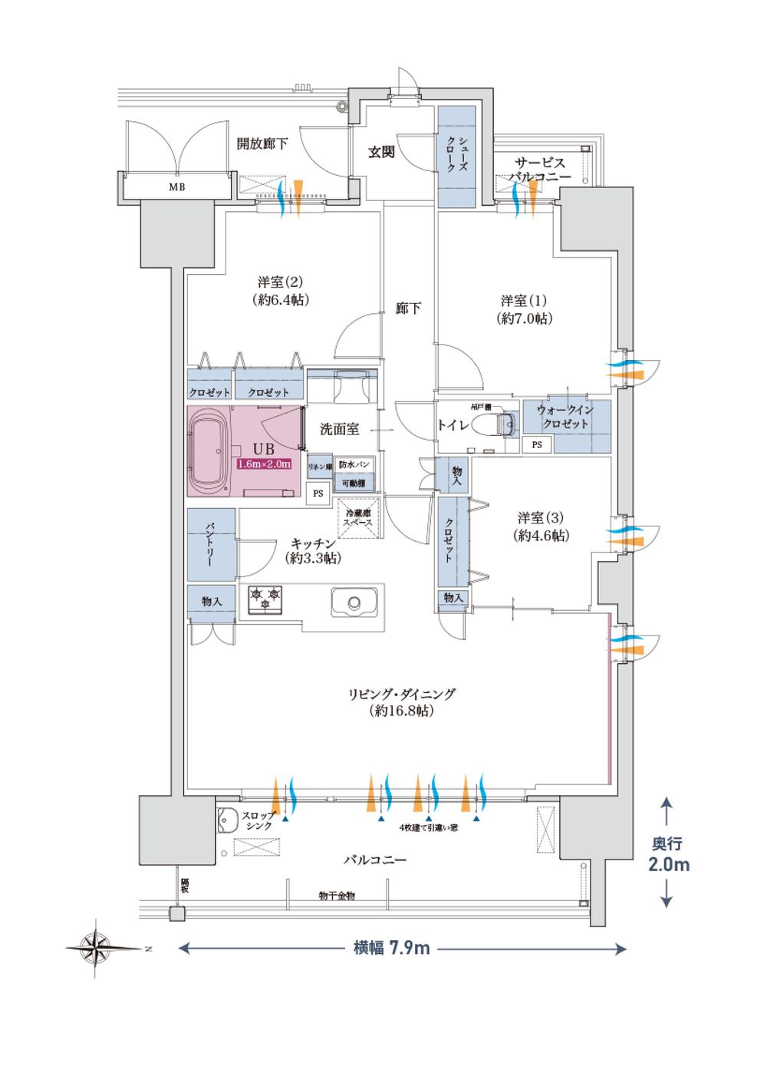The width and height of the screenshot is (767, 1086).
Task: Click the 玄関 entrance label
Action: pos(380,152)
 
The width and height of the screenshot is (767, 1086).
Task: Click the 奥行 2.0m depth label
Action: pos(666,854)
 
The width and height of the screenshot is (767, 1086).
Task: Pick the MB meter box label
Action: pos(176,187)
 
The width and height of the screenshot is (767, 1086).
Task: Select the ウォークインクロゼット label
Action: pos(567,418)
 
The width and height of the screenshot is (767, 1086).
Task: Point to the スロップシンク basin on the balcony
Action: pos(228,820)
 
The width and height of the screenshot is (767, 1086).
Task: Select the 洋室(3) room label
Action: pos(543,526)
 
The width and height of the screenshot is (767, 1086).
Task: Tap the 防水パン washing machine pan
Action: pos(354,465)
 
